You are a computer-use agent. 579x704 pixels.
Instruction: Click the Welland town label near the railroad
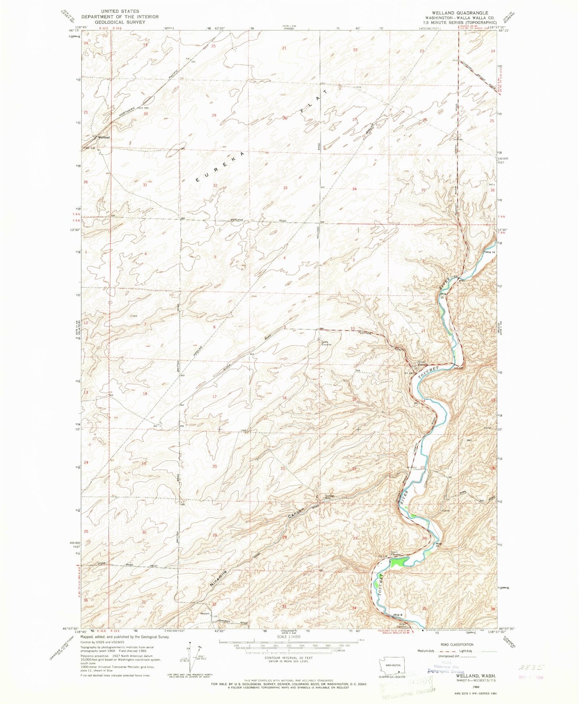pos(104,137)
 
